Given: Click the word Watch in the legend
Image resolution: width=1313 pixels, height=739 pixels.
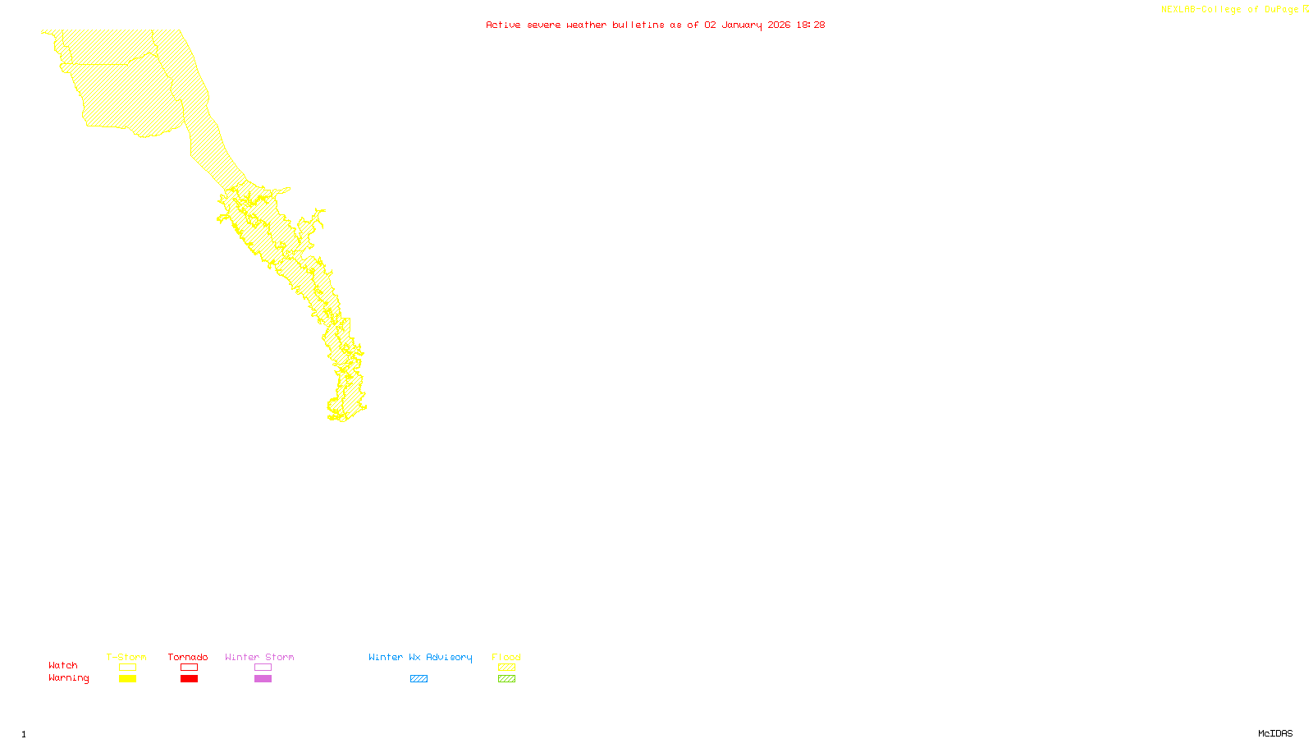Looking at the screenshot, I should pyautogui.click(x=63, y=665).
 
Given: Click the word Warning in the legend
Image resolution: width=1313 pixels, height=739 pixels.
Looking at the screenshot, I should pyautogui.click(x=68, y=678).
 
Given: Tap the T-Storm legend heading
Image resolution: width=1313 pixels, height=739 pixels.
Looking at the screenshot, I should pyautogui.click(x=126, y=657).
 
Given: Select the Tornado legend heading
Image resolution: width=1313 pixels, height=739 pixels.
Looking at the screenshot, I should pyautogui.click(x=188, y=657).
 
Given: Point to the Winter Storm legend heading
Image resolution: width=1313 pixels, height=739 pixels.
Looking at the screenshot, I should pyautogui.click(x=259, y=657).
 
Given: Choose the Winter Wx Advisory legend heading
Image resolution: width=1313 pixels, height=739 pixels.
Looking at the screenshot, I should pyautogui.click(x=420, y=657).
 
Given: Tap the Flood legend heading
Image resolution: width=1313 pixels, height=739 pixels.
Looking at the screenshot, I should pyautogui.click(x=506, y=657).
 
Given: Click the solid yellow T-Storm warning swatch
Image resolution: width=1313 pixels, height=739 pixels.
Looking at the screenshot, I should pyautogui.click(x=127, y=679).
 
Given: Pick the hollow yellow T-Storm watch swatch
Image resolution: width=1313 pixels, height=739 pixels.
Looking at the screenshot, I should pyautogui.click(x=127, y=668).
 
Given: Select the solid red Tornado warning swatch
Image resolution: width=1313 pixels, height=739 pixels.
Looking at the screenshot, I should pyautogui.click(x=190, y=679).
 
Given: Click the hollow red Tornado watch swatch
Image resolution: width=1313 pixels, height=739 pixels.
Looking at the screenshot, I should pyautogui.click(x=190, y=668).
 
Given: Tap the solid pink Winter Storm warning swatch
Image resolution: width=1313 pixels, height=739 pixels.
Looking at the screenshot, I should pyautogui.click(x=263, y=679).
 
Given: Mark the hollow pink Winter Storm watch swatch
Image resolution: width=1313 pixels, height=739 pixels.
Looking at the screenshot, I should pyautogui.click(x=263, y=668).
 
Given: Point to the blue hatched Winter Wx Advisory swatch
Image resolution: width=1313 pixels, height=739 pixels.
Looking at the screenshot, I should pyautogui.click(x=419, y=679).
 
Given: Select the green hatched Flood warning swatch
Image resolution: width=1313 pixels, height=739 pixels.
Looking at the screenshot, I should pyautogui.click(x=507, y=679).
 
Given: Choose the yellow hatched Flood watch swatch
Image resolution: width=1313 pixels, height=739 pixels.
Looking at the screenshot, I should pyautogui.click(x=507, y=668).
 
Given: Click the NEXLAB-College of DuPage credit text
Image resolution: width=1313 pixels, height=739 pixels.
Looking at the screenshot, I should pyautogui.click(x=1230, y=10).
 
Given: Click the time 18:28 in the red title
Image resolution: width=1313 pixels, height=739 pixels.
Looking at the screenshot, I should pyautogui.click(x=811, y=25).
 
